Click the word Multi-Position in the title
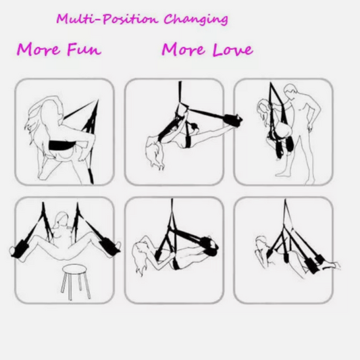coord(107,20)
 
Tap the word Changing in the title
coord(196,20)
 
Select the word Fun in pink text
coord(84,49)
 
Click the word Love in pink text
coord(232,49)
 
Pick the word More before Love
coord(183,49)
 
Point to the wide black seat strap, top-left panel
coord(61,145)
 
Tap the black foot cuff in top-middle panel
coord(233,119)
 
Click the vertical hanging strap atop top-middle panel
coord(180,93)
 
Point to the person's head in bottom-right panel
coord(261,242)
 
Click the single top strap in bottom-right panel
coord(286,212)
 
